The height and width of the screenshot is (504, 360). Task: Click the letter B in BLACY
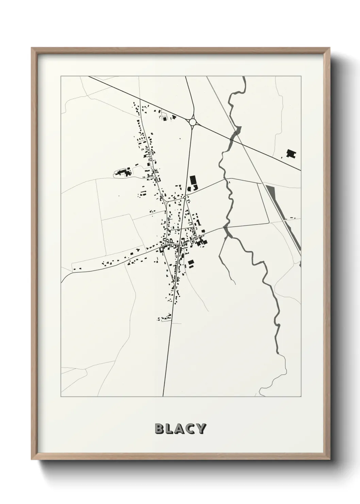[x=160, y=429]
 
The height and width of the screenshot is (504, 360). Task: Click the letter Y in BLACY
[x=201, y=429]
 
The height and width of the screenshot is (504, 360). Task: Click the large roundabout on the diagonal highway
[x=193, y=122]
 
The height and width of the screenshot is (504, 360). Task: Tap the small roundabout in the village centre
[x=184, y=197]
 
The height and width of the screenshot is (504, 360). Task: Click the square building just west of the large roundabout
[x=165, y=119]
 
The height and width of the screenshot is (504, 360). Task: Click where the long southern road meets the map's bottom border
[x=163, y=396]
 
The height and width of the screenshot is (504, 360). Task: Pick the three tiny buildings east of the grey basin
[x=293, y=218]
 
